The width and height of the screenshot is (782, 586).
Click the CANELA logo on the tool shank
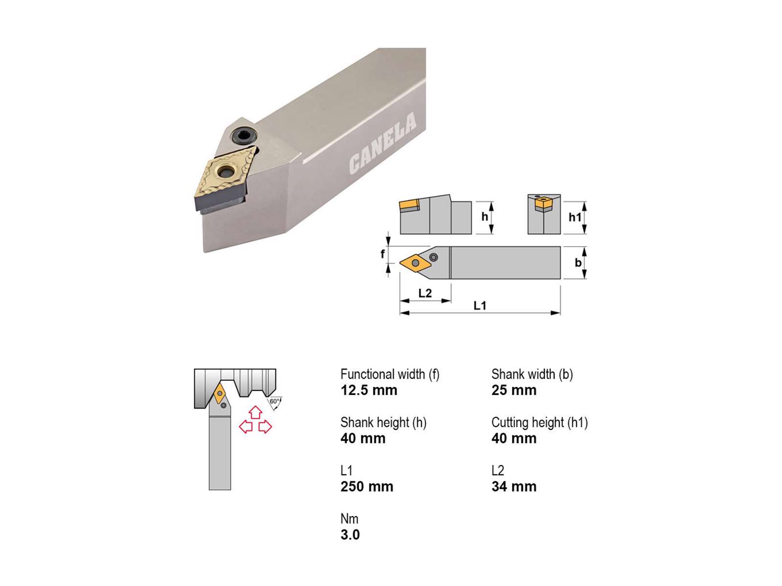point(383,143)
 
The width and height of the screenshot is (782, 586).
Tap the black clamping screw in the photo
point(244,136)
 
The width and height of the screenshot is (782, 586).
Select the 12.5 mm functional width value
point(369,390)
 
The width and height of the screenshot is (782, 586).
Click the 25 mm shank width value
point(514,390)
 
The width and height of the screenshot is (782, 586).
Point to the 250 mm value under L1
point(367,486)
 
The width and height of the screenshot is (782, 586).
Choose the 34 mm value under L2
point(514,486)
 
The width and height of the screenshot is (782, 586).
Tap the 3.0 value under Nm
point(350,535)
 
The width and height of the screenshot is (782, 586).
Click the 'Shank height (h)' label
point(383,423)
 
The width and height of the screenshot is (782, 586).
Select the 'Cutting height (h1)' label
point(540,423)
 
